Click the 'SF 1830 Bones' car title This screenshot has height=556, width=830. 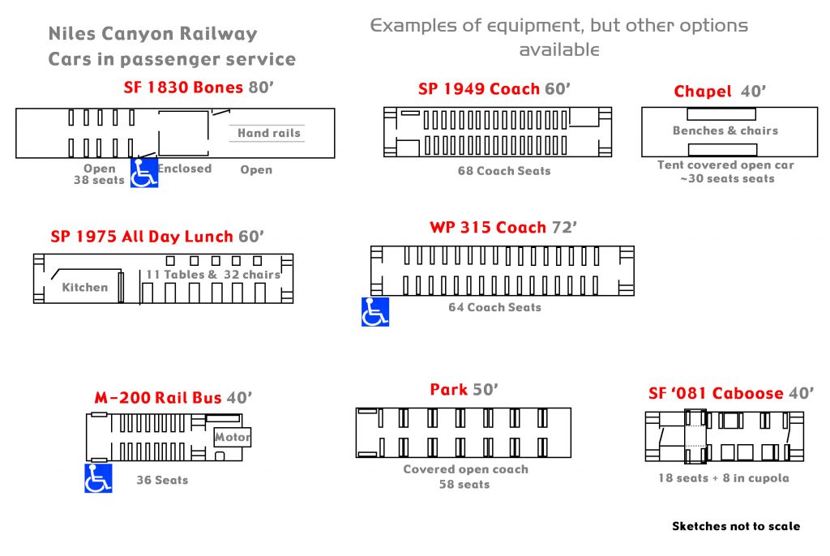[x=184, y=88]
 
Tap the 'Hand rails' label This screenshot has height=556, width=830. [x=268, y=133]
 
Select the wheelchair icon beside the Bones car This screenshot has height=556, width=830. [x=144, y=173]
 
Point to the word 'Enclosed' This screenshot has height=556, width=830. [x=185, y=169]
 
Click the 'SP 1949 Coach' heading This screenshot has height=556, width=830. [x=479, y=89]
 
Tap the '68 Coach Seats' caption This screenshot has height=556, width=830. [x=504, y=171]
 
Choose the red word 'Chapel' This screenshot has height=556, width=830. [x=703, y=92]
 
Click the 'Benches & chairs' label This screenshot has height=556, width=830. [x=725, y=130]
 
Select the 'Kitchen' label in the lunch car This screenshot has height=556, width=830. [x=85, y=287]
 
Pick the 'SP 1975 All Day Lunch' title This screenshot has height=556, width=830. [x=143, y=237]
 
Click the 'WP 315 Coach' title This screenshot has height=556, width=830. [x=488, y=228]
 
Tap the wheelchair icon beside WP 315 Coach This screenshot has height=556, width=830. [x=375, y=312]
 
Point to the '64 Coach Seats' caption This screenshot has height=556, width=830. [x=494, y=307]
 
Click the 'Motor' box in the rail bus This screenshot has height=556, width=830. [x=233, y=438]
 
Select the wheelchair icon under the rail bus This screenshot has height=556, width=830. [x=98, y=478]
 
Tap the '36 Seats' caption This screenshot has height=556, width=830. [x=162, y=480]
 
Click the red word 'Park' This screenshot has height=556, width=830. [x=448, y=390]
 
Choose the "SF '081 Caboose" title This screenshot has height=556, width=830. [x=716, y=393]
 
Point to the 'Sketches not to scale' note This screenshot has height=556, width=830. [x=736, y=527]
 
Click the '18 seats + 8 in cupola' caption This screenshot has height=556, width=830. [x=723, y=478]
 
